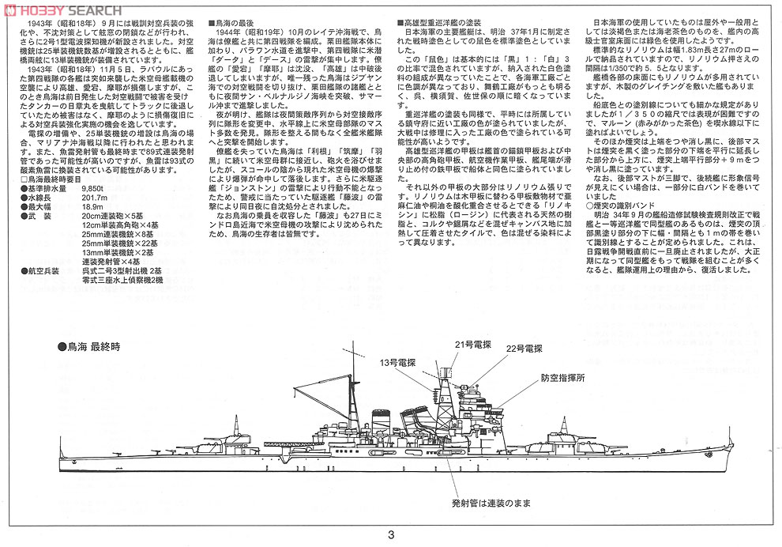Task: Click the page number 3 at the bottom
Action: coord(391,534)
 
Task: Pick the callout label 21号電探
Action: coord(472,345)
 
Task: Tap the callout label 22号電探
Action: coord(525,348)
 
